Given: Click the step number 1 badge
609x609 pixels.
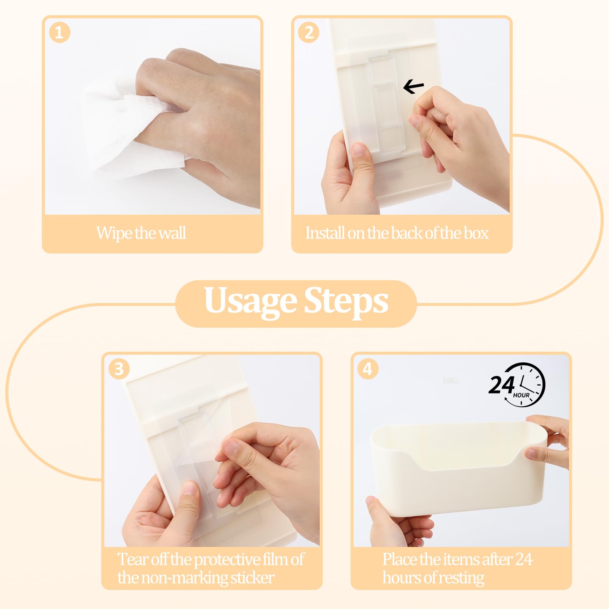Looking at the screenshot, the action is coord(59,32).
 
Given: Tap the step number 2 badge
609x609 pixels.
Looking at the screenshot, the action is coord(309,32).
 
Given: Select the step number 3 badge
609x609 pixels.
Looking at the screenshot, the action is coord(119,369).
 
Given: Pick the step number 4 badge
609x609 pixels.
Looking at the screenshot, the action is coord(368,369).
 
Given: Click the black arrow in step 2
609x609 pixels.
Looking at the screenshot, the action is coord(413,87).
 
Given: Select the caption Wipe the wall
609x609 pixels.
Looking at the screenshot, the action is coord(141,233).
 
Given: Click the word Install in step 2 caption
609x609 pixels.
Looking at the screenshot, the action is coord(325,233).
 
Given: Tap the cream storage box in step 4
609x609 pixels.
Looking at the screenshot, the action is coord(459,468).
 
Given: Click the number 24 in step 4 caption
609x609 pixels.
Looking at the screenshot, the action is coord(523,559).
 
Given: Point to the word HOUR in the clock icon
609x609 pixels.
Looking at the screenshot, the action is coord(521,395).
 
